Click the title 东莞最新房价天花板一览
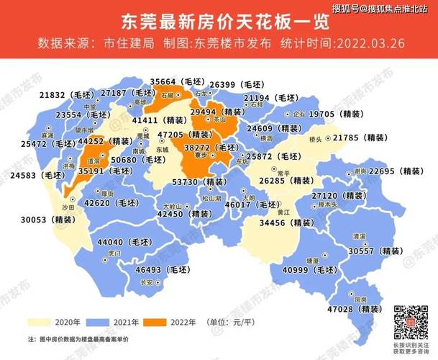[x=219, y=17]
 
